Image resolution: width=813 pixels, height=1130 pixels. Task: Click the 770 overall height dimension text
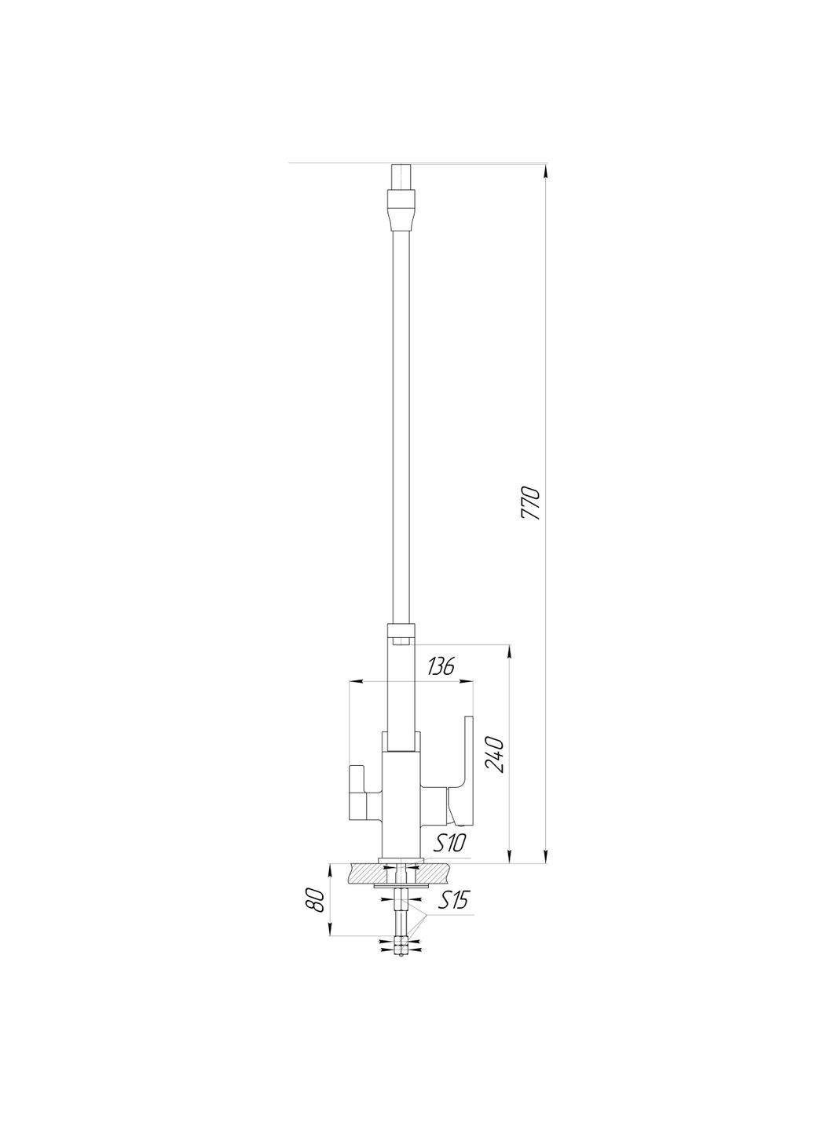[531, 505]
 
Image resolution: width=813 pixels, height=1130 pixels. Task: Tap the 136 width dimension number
[441, 668]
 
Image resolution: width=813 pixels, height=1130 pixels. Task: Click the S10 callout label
[452, 843]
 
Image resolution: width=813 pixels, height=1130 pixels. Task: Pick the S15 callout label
[452, 900]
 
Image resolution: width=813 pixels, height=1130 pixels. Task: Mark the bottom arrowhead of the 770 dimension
[547, 857]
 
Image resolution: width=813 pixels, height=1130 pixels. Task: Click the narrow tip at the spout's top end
[401, 173]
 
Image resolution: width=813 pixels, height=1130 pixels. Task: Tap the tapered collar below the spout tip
[401, 209]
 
